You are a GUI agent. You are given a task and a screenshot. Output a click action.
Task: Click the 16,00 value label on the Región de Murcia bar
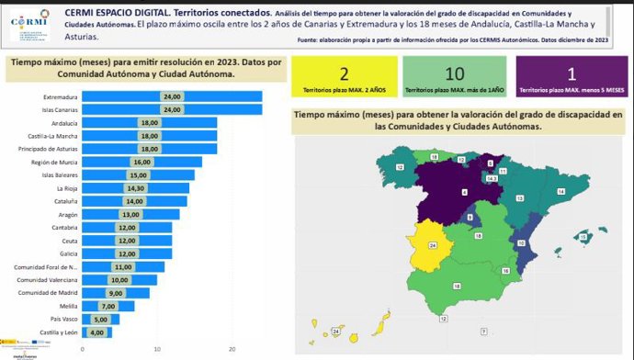point(142,162)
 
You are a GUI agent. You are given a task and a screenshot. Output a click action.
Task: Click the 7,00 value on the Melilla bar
point(108,306)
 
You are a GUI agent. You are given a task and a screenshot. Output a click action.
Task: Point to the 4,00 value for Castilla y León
point(97,332)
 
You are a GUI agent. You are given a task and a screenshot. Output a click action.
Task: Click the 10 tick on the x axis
point(158,349)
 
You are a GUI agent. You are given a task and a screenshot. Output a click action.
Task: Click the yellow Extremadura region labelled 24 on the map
point(434,245)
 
